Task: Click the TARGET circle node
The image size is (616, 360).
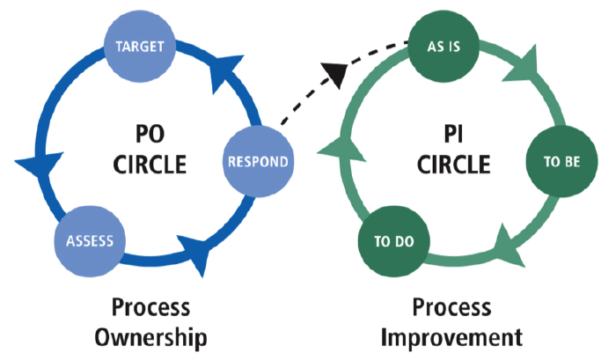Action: coord(140,47)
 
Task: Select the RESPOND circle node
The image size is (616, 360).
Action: coord(258,161)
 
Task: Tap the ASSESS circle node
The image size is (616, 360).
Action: coord(90,241)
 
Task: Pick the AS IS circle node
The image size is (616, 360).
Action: coord(444,47)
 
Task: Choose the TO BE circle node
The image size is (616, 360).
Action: coord(561,161)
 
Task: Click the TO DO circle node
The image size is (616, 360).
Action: coord(394,241)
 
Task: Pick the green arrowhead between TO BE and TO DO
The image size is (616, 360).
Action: coord(508,246)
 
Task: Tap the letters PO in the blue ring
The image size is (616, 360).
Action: coord(150,134)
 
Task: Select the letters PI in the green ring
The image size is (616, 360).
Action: coord(453,134)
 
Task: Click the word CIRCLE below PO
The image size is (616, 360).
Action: coord(150,165)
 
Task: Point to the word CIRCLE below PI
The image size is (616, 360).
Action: coord(453,165)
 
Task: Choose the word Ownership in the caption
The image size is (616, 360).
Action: coord(150,338)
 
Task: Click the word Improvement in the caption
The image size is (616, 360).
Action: coord(451,337)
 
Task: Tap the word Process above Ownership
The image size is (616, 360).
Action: coord(150,307)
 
